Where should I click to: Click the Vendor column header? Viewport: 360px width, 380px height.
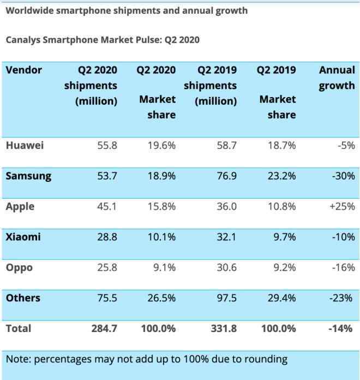pyautogui.click(x=24, y=70)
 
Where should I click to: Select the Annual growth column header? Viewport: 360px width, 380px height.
pyautogui.click(x=337, y=78)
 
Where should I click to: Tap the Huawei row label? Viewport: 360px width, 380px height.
pyautogui.click(x=25, y=145)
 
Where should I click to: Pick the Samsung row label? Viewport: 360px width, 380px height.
pyautogui.click(x=28, y=176)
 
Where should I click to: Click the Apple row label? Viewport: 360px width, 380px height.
pyautogui.click(x=20, y=206)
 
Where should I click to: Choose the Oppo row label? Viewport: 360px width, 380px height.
pyautogui.click(x=20, y=268)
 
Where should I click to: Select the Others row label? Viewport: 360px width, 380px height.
pyautogui.click(x=23, y=298)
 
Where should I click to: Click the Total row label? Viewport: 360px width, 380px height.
pyautogui.click(x=19, y=328)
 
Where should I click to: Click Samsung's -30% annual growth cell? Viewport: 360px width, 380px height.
pyautogui.click(x=344, y=176)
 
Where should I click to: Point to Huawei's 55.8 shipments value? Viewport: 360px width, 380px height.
pyautogui.click(x=107, y=146)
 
